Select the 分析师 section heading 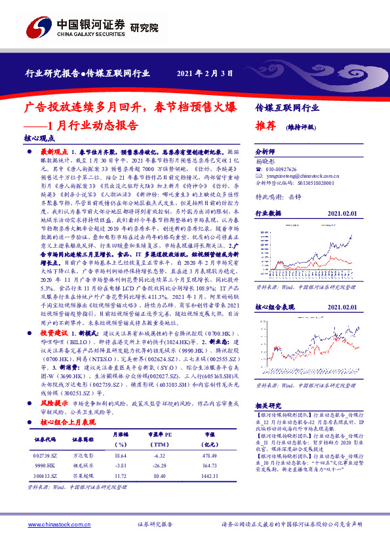(265, 149)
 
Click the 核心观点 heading (38, 138)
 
